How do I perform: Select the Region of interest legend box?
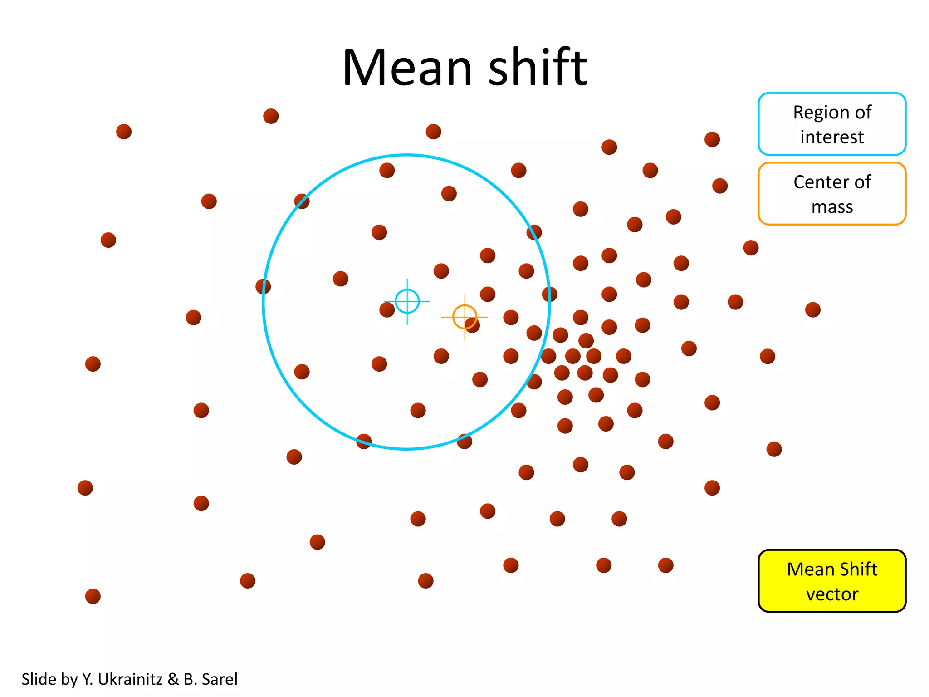coord(831,124)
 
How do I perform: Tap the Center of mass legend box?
coord(831,194)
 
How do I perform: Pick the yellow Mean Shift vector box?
coord(831,581)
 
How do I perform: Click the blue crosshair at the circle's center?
coord(407,301)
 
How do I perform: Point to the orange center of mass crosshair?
coord(464,317)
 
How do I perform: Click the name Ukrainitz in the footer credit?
coord(130,679)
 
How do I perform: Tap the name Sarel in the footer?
coord(220,679)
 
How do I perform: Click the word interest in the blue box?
coord(831,137)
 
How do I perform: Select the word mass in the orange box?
coord(832,207)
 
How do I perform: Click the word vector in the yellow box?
coord(832,594)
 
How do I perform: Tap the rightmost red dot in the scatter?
coord(812,310)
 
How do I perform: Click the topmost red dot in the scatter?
coord(271,116)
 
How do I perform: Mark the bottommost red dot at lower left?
coord(93,596)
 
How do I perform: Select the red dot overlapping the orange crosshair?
coord(473,325)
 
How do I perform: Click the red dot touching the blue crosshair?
coord(387,310)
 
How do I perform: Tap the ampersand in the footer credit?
coord(173,679)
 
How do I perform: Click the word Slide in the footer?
coord(39,679)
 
